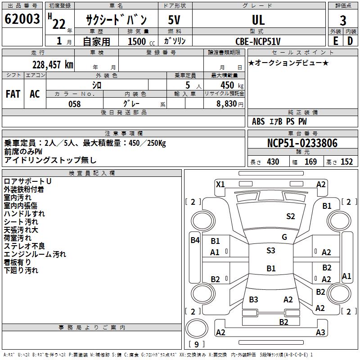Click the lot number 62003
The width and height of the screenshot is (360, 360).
pos(22,20)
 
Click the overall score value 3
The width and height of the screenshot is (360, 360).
pos(343,20)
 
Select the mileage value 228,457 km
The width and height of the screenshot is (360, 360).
pos(53,64)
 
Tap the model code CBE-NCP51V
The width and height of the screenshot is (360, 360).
pos(258,41)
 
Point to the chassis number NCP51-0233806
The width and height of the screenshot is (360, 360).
pos(302,143)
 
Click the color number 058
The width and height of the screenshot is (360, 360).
pos(74,103)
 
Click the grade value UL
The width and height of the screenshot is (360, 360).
pos(258,20)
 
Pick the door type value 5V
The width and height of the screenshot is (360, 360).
pos(175,20)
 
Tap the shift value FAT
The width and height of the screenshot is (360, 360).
pos(13,94)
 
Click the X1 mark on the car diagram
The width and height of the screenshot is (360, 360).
pos(220,184)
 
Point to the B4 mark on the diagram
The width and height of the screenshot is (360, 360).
pos(194,240)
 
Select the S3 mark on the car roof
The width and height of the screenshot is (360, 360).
pos(270,251)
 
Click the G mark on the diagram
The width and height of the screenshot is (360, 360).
pos(284,237)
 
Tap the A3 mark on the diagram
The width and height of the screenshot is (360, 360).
pos(320,333)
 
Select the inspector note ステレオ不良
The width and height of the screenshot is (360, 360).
pos(24,246)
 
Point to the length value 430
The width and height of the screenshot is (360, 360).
pos(273,162)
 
